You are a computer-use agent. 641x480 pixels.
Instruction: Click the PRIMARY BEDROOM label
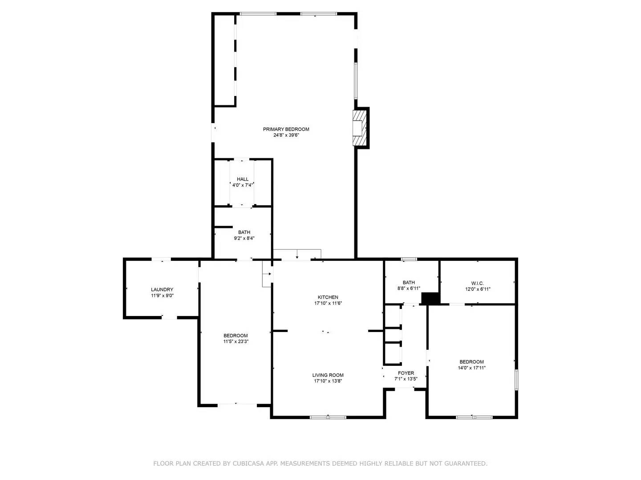pos(286,129)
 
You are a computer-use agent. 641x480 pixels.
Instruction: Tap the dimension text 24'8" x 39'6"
pos(286,135)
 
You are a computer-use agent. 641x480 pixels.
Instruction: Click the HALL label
pos(243,179)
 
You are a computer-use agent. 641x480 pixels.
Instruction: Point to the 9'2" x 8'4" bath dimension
pos(244,238)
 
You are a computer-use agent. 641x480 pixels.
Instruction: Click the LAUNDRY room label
pos(162,290)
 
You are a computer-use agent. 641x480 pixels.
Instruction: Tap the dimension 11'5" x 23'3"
pos(235,342)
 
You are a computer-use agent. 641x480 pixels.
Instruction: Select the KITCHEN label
pos(328,297)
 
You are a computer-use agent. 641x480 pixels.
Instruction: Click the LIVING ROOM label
pos(328,375)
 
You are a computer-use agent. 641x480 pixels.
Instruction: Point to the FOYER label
pos(406,373)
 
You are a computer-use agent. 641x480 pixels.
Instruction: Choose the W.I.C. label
pos(477,283)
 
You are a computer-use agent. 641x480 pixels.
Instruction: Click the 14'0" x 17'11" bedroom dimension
pos(471,368)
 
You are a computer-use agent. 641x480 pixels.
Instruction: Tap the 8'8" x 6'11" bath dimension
pos(409,288)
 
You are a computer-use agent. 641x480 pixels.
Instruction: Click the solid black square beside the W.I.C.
pos(430,298)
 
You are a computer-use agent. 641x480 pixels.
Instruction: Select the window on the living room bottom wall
pos(328,417)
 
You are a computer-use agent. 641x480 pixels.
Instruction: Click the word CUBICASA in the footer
pos(249,464)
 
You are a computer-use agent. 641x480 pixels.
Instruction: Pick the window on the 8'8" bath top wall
pos(409,259)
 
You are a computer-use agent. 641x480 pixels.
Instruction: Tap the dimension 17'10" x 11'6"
pos(328,304)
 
